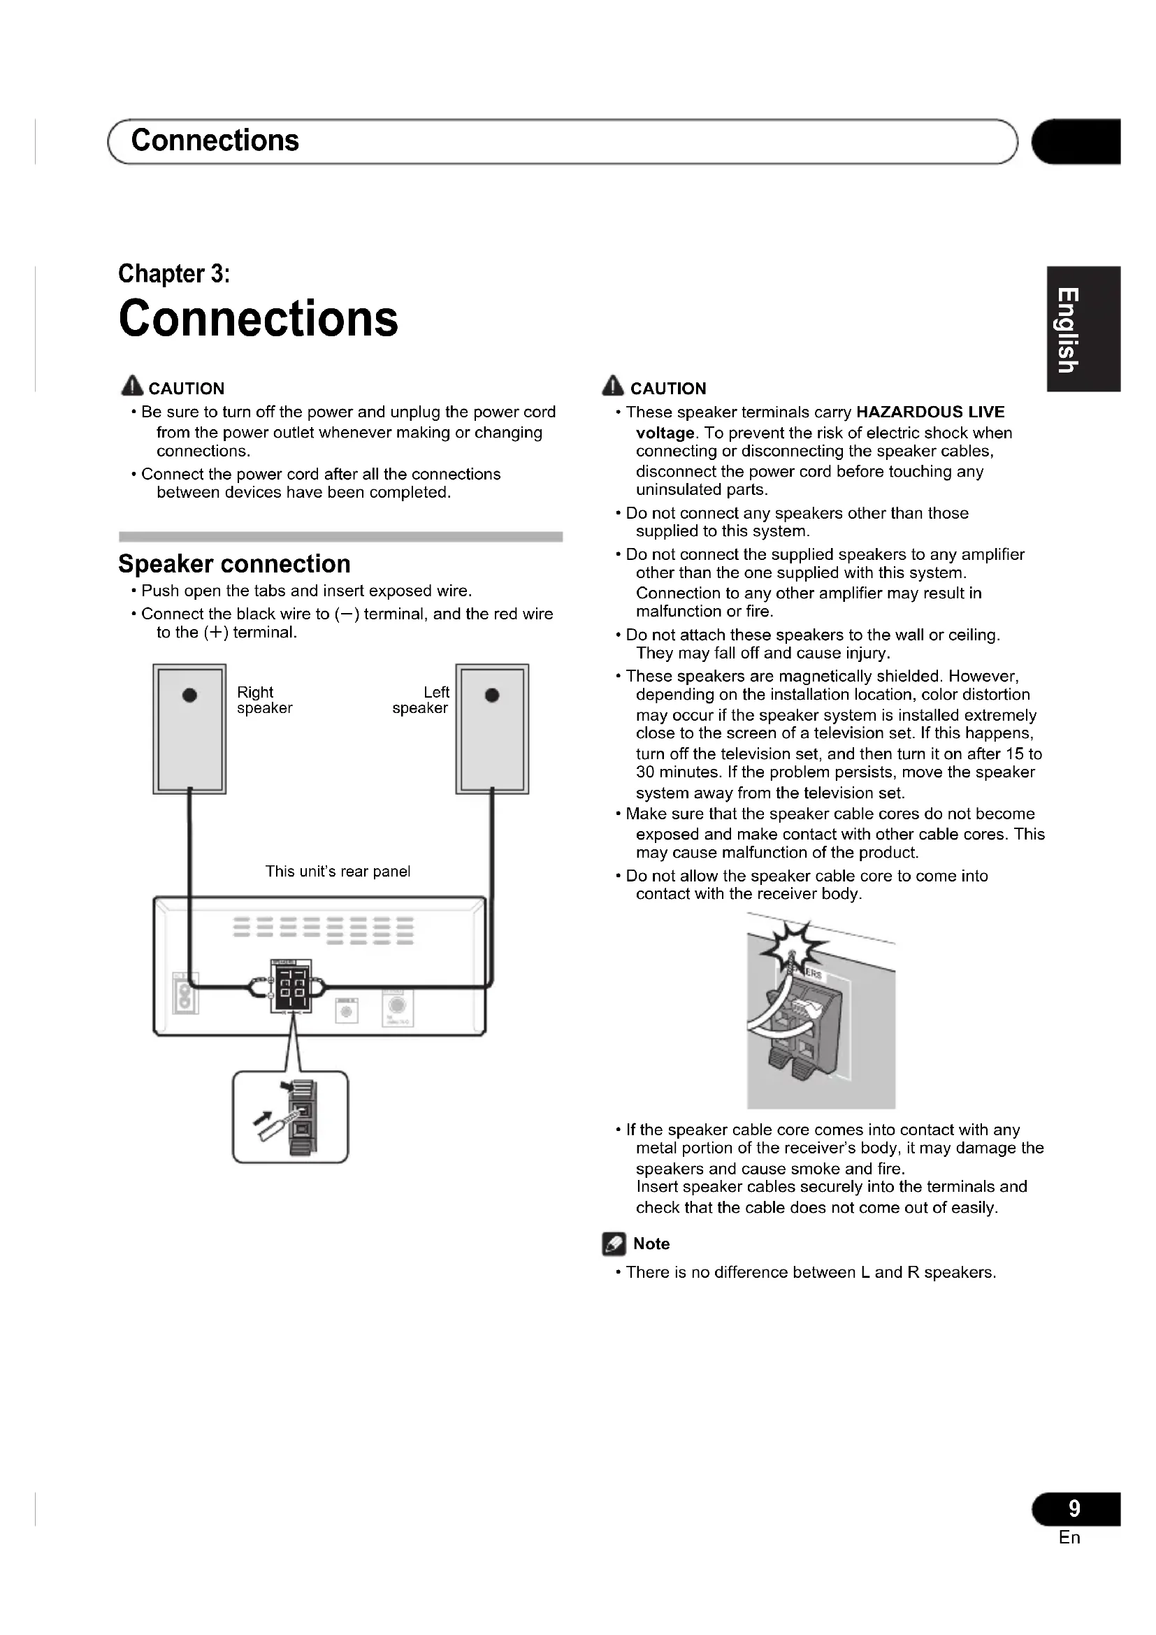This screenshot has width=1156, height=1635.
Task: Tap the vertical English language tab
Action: coord(1067,329)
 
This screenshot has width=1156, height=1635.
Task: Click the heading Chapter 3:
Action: coord(174,273)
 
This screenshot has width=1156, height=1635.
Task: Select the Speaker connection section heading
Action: coord(234,564)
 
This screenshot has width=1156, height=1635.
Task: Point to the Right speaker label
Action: coord(264,700)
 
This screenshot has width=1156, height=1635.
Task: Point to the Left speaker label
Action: coord(421,700)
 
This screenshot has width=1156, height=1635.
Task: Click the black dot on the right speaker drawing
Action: coord(189,695)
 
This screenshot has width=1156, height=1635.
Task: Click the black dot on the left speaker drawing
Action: coord(492,695)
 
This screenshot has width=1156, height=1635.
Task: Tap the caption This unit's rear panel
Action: coord(338,871)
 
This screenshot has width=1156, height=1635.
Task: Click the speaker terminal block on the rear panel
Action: coord(291,986)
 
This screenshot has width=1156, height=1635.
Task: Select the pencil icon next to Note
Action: coord(614,1244)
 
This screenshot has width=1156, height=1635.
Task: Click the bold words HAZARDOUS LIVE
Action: coord(930,412)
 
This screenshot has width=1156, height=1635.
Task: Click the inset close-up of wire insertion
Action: coord(291,1116)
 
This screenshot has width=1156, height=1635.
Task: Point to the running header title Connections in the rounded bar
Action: coord(215,141)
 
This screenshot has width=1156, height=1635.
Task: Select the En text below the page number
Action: coord(1069,1537)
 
